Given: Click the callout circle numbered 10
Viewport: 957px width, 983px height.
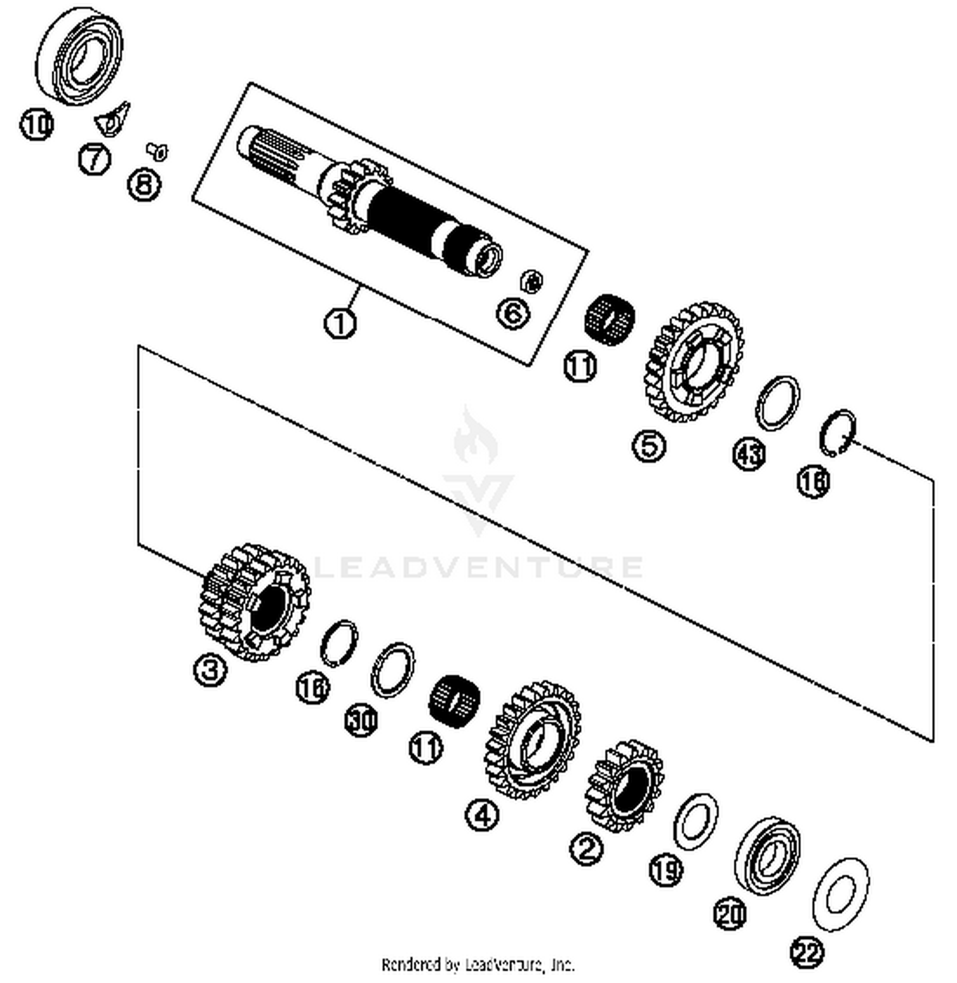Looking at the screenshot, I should point(36,124).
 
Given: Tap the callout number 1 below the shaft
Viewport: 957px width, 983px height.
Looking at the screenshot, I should point(340,323).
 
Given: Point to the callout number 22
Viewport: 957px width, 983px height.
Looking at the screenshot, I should point(807,952).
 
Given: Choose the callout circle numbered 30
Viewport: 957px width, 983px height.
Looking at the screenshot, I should point(361,720).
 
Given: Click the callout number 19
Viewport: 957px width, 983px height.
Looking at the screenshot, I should point(665,869).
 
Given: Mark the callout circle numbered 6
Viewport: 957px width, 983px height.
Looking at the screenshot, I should point(514,314).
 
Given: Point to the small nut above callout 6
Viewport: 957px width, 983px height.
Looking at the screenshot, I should point(531,281).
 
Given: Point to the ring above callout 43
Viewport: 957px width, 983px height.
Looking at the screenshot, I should point(778,404).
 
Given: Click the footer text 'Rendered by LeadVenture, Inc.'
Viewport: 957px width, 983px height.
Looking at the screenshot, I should point(478,964).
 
